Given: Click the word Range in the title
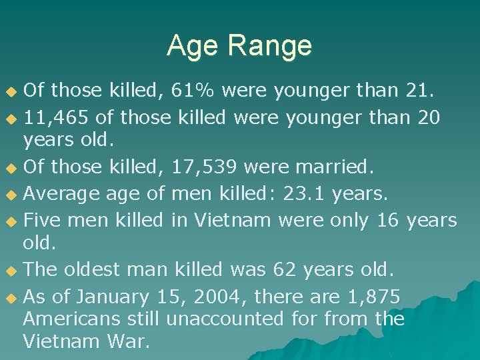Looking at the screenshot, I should (269, 46).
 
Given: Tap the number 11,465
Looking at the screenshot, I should (57, 119).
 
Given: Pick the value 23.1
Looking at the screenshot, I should (304, 193).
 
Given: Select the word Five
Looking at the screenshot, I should (42, 219).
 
